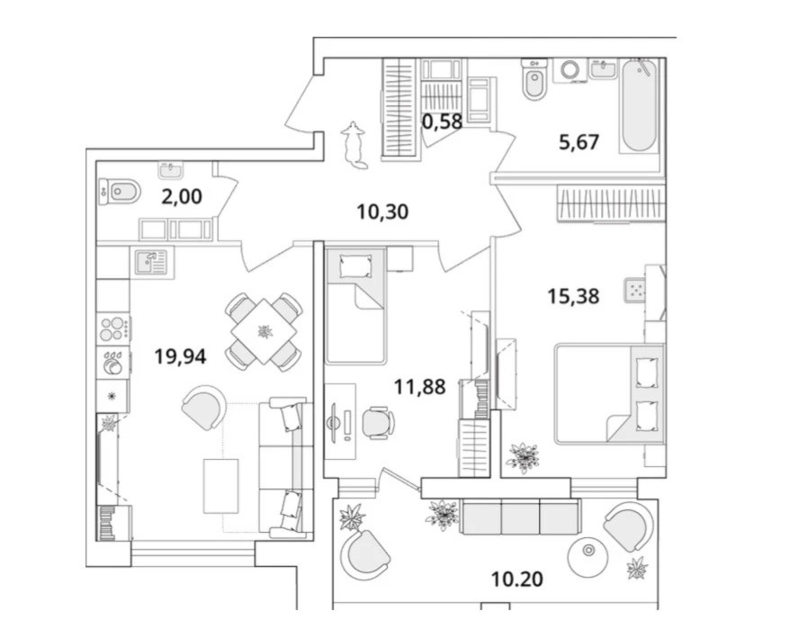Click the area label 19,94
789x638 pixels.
point(180,356)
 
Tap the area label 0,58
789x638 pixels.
point(442,121)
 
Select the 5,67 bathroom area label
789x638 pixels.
point(579,142)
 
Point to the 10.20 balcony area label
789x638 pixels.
point(517,580)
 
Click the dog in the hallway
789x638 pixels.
point(354,145)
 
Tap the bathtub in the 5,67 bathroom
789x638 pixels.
point(640,105)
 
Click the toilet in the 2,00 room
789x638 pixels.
point(120,192)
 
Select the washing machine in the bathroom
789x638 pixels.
point(570,70)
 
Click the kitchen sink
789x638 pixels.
point(151,262)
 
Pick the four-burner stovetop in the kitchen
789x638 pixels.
point(114,328)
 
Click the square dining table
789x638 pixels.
point(264,332)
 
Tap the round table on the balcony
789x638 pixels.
point(587,557)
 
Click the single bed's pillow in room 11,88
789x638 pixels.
point(355,265)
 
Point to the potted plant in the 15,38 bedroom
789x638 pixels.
point(524,457)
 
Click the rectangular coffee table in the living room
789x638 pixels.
point(221,486)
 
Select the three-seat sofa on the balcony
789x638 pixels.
point(520,517)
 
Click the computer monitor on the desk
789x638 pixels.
point(333,423)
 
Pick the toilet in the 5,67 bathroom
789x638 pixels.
point(533,79)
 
